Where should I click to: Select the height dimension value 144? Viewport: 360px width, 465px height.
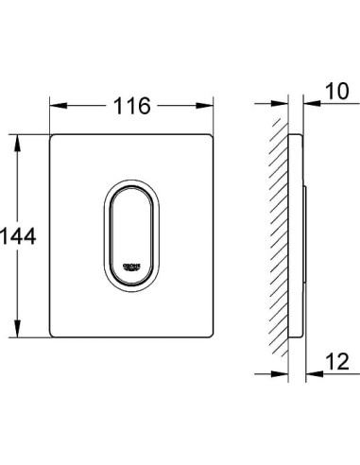pos(18,236)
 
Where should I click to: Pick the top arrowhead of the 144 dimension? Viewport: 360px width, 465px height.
pos(18,138)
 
